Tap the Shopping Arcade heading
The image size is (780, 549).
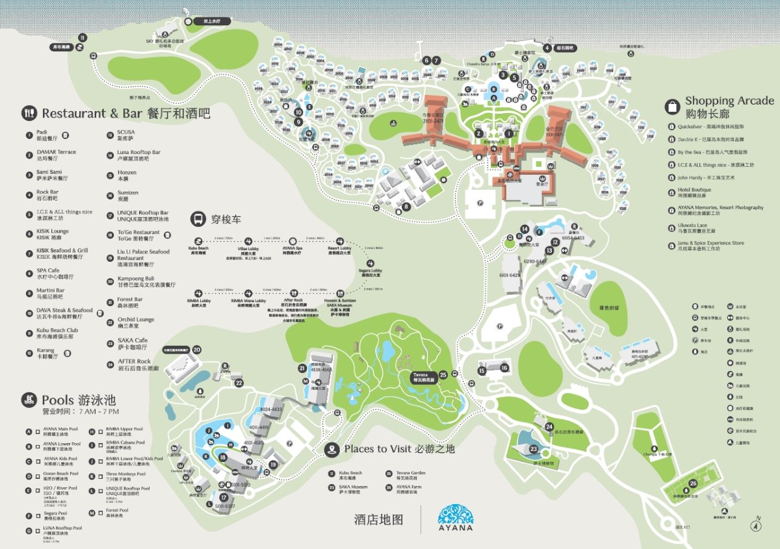pos(729,101)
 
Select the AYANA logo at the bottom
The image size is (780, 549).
pos(456,518)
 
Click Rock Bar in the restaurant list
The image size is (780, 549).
pos(47,192)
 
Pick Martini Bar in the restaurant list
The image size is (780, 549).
pos(51,290)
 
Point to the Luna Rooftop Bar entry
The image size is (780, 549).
pos(138,152)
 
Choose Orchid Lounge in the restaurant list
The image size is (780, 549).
pos(135,320)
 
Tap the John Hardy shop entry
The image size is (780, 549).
pos(697,177)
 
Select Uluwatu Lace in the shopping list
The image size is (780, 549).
pos(696,226)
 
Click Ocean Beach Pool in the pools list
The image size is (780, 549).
pos(60,474)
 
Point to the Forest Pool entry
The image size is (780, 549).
pos(117,511)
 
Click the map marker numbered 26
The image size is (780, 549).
pos(693,483)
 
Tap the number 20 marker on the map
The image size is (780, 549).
pos(196,350)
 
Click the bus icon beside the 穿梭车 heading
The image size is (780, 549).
pos(198,219)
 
